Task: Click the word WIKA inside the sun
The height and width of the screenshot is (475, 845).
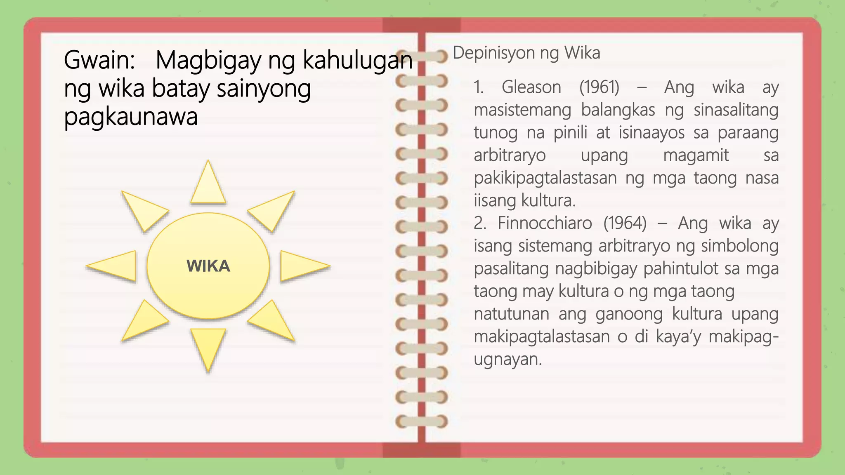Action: click(208, 266)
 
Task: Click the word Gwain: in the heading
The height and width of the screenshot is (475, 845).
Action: click(99, 60)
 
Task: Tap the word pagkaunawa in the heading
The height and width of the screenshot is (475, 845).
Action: click(131, 117)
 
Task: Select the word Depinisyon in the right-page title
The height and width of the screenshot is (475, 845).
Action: click(493, 53)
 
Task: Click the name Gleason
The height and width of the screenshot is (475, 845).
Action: click(531, 87)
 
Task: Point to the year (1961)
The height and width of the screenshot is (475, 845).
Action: click(599, 87)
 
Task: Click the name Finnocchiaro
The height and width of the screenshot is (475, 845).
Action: click(545, 223)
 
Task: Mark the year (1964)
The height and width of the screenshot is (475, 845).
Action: click(625, 223)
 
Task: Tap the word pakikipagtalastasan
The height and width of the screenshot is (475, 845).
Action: click(545, 178)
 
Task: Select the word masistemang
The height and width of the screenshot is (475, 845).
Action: click(522, 110)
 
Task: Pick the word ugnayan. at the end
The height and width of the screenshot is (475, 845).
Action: click(507, 359)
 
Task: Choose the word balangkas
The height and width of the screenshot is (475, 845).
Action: click(618, 110)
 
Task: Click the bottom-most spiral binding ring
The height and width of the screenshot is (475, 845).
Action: click(421, 421)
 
